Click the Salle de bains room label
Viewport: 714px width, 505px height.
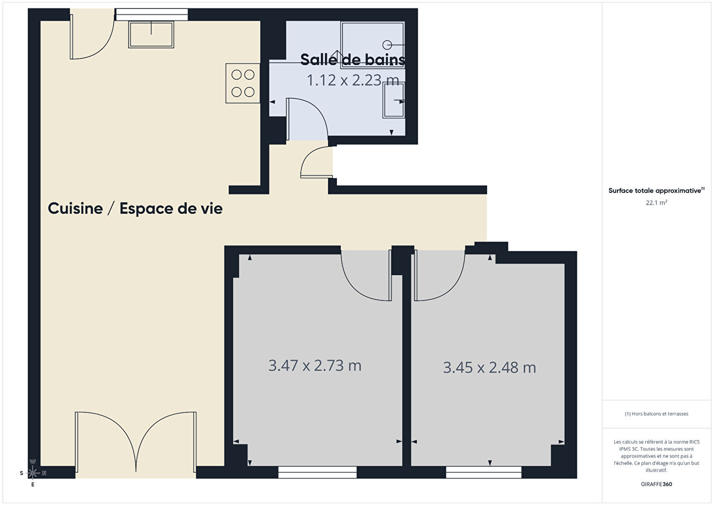click(x=353, y=59)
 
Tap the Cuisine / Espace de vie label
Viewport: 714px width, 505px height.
click(x=135, y=208)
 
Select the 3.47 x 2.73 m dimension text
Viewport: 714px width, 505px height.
click(x=315, y=366)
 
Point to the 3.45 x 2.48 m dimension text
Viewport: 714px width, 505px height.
click(x=489, y=367)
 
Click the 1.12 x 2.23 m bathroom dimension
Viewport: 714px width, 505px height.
click(x=353, y=80)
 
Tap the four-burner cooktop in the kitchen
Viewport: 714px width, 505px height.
click(x=243, y=83)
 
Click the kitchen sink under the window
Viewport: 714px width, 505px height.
click(x=151, y=35)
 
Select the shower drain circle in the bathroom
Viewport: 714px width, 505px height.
click(x=387, y=45)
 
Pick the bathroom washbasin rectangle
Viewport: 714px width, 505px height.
click(x=394, y=100)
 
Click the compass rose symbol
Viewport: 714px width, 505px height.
click(x=32, y=473)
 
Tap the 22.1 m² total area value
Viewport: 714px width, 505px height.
click(x=656, y=203)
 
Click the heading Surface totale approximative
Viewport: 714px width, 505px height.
click(x=655, y=190)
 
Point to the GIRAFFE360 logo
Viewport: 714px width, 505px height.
click(x=656, y=484)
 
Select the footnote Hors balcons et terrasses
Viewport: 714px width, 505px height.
click(x=656, y=414)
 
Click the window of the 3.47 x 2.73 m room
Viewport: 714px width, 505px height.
click(x=318, y=472)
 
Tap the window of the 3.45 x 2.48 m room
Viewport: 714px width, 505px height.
click(x=483, y=472)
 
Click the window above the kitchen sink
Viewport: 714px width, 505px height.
click(x=152, y=15)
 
